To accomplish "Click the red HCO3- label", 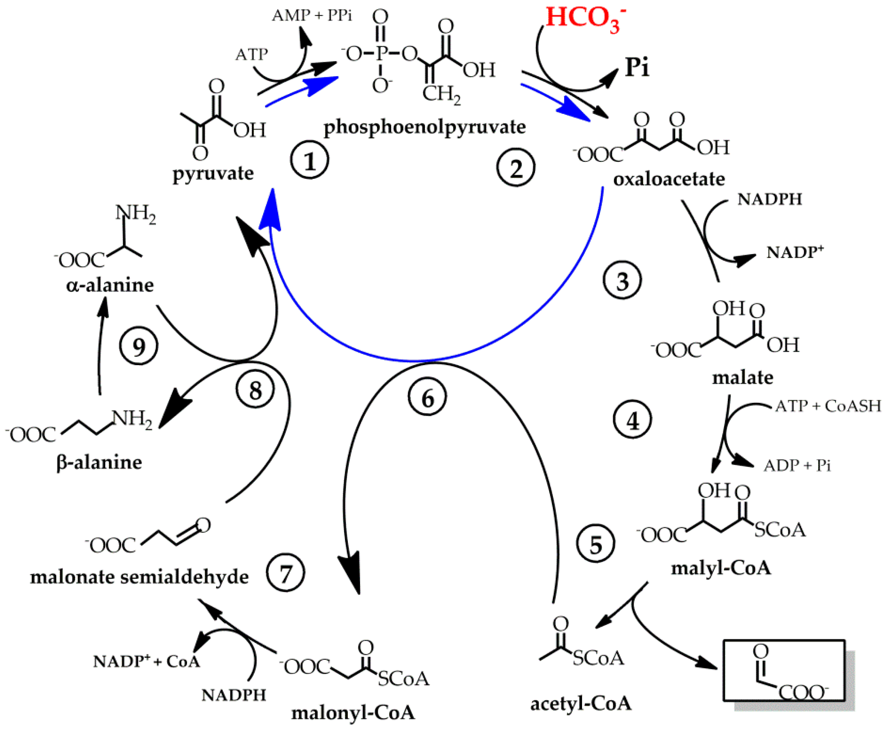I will coord(585,18).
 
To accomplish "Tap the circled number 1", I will coord(309,160).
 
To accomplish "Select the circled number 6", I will coord(427,397).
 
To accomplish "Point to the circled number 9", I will coord(138,346).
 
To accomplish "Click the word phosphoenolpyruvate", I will coord(424,127).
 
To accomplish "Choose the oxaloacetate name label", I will coord(669,179).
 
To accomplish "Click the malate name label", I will coord(742,377).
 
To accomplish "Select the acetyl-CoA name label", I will coord(581,703).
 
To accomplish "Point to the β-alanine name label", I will coord(99,463).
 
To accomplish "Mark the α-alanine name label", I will coord(110,285).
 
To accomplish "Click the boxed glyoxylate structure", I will coord(784,670).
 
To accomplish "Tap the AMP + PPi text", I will coord(312,16).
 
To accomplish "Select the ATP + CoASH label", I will coord(828,406).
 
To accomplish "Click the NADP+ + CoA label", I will coord(146,661).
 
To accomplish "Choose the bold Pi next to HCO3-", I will coord(637,67).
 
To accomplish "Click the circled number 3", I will coord(622,280).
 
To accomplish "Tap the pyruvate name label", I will coord(213,173).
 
